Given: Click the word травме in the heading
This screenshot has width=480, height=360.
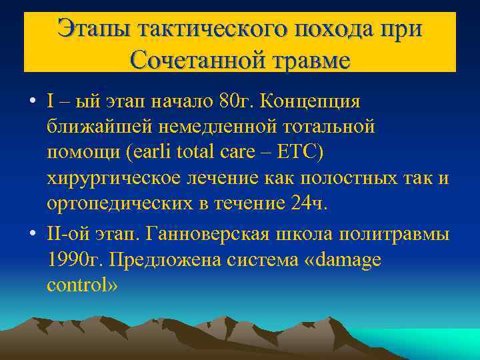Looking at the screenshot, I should [x=307, y=60].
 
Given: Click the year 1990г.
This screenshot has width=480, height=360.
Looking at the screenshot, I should [x=74, y=261].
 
